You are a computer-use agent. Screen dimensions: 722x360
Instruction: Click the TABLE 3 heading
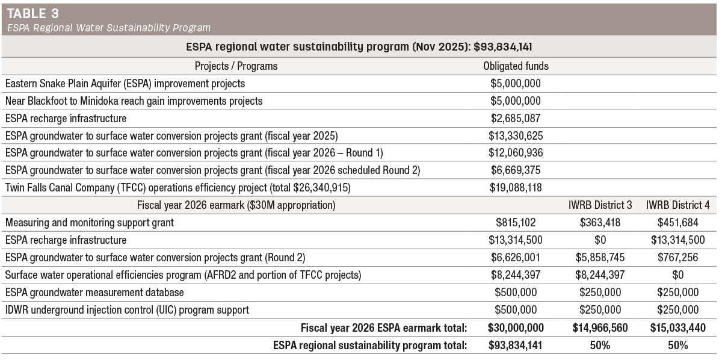(x=33, y=14)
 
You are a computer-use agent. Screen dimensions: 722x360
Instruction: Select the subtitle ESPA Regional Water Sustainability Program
(x=109, y=28)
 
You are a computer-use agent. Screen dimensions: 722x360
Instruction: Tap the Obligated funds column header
(x=516, y=66)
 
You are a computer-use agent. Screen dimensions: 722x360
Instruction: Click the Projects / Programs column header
(x=236, y=66)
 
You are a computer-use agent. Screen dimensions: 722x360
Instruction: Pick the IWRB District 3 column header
(x=600, y=205)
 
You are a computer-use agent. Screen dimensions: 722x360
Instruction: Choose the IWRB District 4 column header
(x=678, y=205)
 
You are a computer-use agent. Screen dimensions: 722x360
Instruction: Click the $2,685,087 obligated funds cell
(x=516, y=119)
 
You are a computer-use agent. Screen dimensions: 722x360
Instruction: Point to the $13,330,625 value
(x=516, y=136)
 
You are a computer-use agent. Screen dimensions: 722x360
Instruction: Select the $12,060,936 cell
(x=516, y=152)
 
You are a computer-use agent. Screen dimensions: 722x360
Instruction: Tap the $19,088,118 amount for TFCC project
(x=516, y=187)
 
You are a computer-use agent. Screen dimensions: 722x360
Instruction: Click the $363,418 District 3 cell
(x=600, y=223)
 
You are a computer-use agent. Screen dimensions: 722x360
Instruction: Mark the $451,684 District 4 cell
(x=678, y=223)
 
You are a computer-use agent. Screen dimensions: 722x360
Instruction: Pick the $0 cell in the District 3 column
(x=600, y=240)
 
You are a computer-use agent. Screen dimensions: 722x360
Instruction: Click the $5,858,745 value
(x=600, y=258)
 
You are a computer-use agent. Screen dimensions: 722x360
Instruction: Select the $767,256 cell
(x=678, y=258)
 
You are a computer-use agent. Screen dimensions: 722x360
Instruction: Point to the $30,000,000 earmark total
(x=516, y=327)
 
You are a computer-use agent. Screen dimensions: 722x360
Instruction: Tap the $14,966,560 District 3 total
(x=600, y=327)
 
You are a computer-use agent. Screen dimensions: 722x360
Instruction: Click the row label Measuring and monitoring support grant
(x=90, y=223)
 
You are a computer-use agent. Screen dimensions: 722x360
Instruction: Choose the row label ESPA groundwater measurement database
(x=94, y=292)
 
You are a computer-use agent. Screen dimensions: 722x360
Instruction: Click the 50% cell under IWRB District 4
(x=678, y=345)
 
